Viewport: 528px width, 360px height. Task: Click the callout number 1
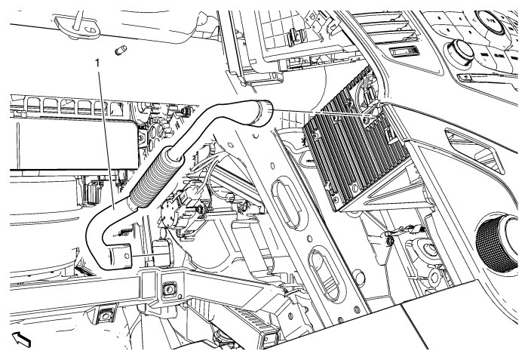click(98, 63)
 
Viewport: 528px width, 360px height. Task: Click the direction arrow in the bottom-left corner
click(21, 339)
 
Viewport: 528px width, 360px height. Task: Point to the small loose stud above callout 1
click(120, 51)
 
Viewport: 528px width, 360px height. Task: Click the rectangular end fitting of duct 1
click(119, 257)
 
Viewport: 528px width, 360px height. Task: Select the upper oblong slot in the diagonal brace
click(289, 204)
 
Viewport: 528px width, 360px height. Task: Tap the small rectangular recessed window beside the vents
click(405, 51)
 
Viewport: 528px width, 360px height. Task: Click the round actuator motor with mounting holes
click(171, 211)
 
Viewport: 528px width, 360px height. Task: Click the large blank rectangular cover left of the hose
click(75, 145)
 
